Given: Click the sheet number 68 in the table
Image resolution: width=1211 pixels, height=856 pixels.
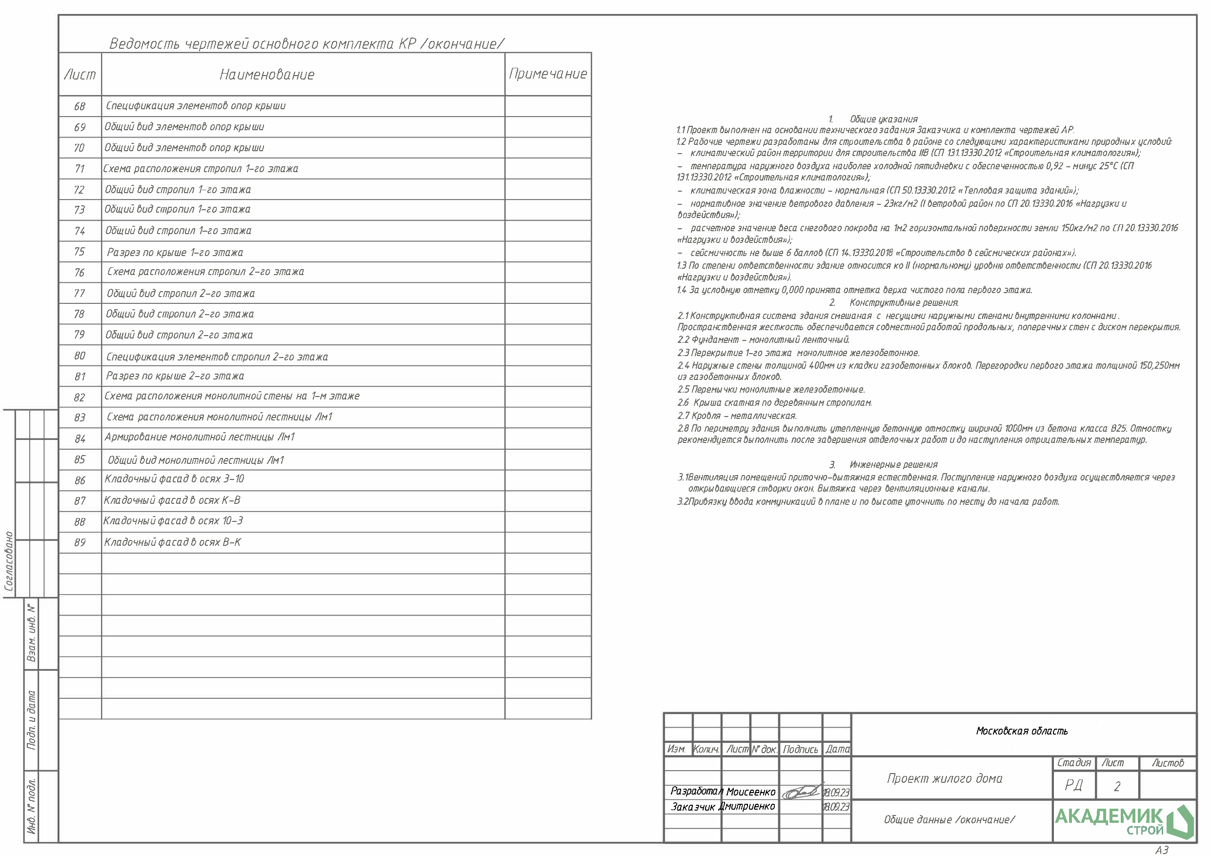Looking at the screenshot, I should click(x=80, y=106).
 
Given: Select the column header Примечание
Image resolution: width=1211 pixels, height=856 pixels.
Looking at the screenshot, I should click(x=547, y=74).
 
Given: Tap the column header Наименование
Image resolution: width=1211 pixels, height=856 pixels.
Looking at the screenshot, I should click(x=267, y=74).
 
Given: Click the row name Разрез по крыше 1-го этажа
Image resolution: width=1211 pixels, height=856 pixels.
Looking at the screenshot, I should click(x=175, y=252).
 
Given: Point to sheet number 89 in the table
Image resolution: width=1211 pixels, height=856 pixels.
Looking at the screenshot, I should click(x=80, y=542).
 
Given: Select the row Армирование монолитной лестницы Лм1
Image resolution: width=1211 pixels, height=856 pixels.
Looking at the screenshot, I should click(x=200, y=437).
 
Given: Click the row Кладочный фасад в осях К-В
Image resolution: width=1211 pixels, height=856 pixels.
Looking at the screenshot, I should click(x=172, y=500).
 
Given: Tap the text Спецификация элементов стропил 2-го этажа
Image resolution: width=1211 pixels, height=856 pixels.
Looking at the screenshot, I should click(x=217, y=357).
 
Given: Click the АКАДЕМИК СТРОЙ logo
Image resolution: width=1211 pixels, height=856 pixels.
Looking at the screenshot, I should click(x=1124, y=821).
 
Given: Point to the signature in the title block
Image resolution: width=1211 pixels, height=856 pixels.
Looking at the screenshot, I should click(x=801, y=791).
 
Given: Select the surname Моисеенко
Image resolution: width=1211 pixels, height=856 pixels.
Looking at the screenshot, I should click(x=750, y=792).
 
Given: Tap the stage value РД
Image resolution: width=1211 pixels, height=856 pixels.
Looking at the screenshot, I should click(x=1073, y=785).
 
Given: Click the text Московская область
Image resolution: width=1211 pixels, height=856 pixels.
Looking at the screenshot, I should click(x=1022, y=731).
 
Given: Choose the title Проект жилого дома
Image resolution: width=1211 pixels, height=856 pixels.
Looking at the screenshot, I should click(x=945, y=778).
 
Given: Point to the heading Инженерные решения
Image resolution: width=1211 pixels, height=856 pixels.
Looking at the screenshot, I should click(x=893, y=465).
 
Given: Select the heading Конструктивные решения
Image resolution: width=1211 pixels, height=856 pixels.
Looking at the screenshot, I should click(x=904, y=303).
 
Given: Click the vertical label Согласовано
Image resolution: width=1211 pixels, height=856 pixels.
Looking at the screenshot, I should click(x=9, y=561).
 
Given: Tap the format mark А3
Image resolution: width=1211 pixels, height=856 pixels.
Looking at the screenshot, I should click(x=1162, y=850).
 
